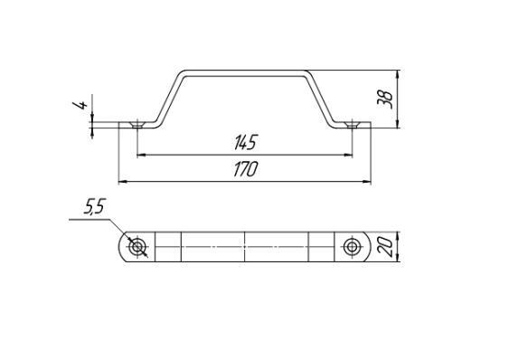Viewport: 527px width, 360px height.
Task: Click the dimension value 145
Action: click(x=245, y=142)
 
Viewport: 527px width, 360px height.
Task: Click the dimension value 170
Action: click(x=246, y=169)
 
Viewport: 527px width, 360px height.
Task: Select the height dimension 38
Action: click(x=385, y=99)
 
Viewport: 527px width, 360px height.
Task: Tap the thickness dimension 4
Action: click(x=80, y=105)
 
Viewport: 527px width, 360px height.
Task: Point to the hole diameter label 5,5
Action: click(x=95, y=206)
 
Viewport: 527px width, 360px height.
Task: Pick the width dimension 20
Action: click(x=385, y=247)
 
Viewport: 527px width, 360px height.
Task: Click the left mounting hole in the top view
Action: click(x=137, y=247)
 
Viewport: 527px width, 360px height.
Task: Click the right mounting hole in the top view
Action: click(x=352, y=247)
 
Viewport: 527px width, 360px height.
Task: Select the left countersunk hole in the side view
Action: click(x=137, y=125)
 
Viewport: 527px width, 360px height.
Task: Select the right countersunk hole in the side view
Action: click(x=352, y=125)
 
